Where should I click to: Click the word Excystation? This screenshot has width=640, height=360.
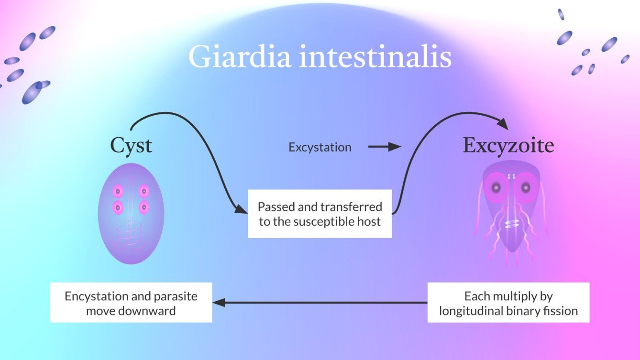[x=320, y=148]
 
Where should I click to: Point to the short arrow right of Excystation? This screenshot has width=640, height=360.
[x=384, y=147]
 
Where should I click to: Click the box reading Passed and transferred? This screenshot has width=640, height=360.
[x=320, y=214]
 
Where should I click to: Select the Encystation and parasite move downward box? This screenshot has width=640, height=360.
[x=131, y=303]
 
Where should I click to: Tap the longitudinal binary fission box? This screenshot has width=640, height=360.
[x=508, y=303]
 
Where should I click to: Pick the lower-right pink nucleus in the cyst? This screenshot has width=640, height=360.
[x=143, y=208]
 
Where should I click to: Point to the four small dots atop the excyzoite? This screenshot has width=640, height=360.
[x=511, y=176]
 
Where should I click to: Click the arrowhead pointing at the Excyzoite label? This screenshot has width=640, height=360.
[x=503, y=124]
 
